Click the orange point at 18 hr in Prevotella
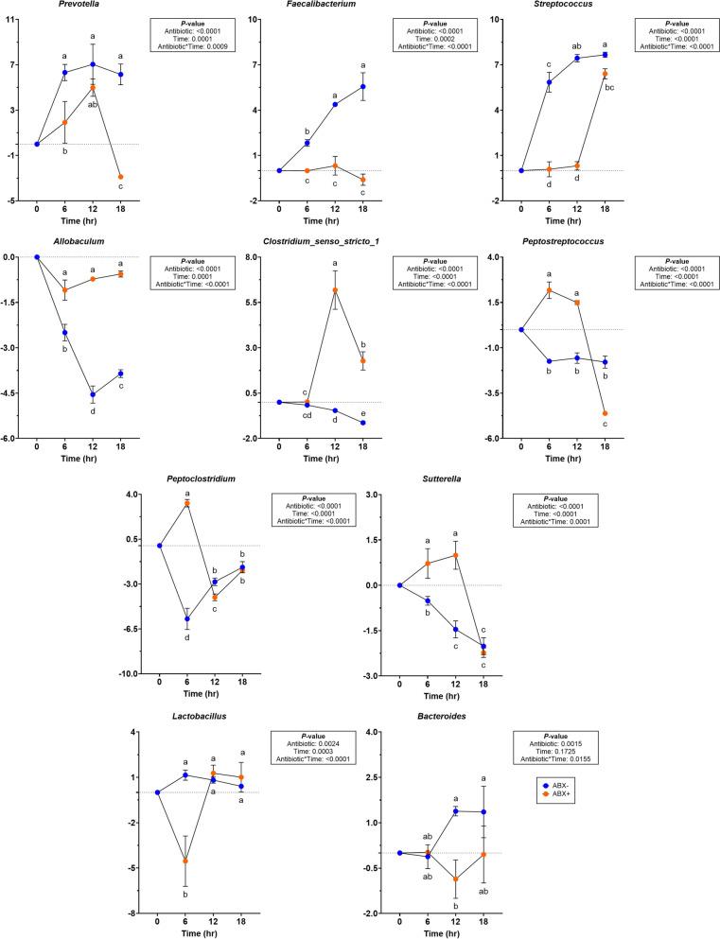(120, 177)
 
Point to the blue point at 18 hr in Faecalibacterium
(362, 86)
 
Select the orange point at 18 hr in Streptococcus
(605, 74)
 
